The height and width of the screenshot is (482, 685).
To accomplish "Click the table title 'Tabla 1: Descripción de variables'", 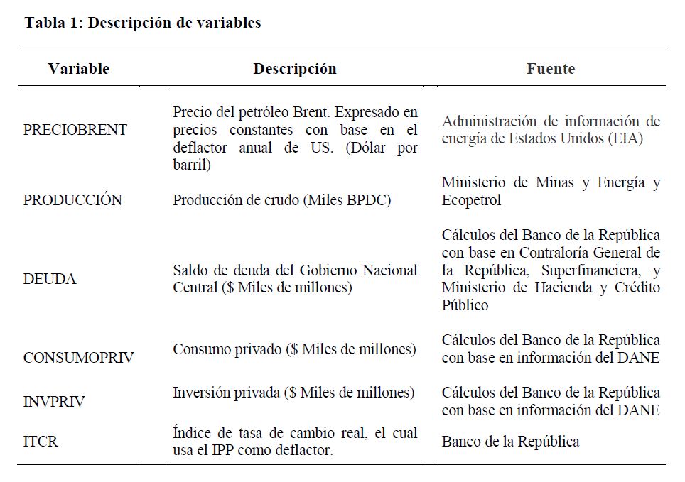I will coord(143,23).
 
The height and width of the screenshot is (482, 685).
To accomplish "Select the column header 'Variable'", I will coord(78,69).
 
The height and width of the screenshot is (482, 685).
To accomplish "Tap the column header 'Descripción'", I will coord(295,69).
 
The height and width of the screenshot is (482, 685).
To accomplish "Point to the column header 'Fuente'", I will coord(551,69).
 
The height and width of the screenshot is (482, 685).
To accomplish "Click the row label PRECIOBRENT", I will coord(75,130).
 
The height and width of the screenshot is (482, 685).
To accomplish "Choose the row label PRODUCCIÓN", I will coord(72,200).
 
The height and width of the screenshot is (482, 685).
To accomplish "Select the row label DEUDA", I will coord(50,279).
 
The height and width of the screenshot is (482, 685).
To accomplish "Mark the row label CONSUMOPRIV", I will coord(80,357).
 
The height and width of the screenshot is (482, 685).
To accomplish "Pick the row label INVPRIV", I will coord(54,402).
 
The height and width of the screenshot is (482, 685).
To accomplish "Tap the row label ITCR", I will coord(41,442).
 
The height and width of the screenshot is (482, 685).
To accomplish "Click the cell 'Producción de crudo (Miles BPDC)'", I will coord(282,200).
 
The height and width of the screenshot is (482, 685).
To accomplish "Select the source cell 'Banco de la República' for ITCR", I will coord(510,442).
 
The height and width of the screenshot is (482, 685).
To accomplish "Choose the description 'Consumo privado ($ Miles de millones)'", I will coord(294,349).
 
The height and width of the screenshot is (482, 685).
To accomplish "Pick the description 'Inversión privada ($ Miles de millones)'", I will coord(293,393).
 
